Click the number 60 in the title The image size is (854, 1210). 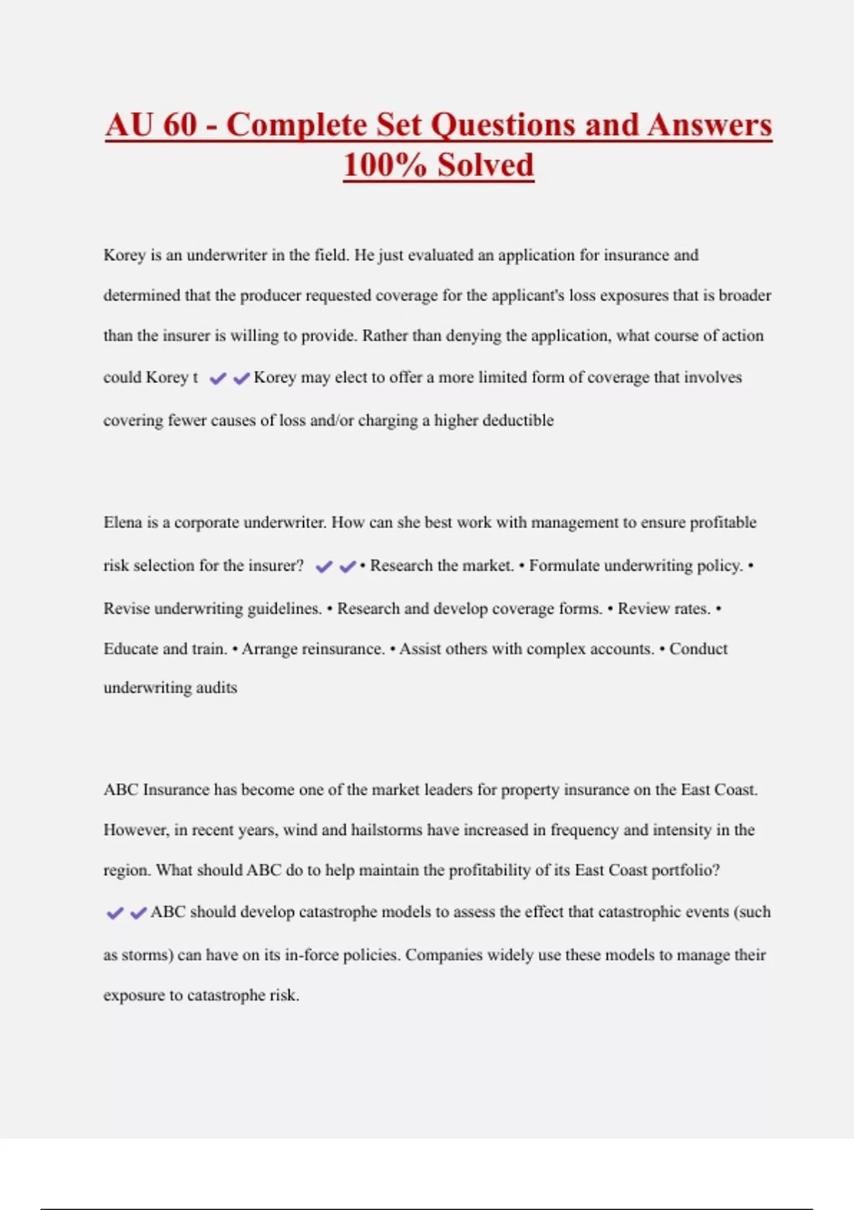(179, 125)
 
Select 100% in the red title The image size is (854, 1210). (385, 165)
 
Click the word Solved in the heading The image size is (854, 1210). (485, 165)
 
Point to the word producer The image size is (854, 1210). (270, 295)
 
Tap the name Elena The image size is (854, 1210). (122, 522)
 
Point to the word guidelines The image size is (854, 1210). (283, 609)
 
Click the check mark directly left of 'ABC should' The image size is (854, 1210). (138, 913)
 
